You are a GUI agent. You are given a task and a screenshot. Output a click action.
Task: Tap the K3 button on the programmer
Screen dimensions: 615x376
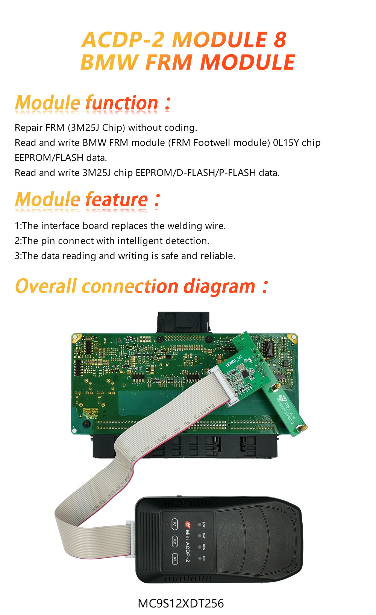(174, 559)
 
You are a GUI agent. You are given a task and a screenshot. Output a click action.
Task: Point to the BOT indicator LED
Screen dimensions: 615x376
(199, 524)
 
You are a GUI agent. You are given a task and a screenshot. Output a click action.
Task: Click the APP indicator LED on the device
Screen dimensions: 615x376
(199, 558)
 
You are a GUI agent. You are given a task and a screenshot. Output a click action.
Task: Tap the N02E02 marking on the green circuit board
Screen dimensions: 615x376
(91, 417)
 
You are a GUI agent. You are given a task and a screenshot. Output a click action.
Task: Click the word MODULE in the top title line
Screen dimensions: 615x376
(219, 40)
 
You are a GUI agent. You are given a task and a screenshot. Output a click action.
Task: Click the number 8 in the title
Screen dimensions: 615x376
(280, 40)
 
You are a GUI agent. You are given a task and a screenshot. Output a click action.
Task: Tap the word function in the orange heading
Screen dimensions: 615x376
(122, 103)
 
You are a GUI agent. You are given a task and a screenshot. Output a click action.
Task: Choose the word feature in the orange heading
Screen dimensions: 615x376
(117, 200)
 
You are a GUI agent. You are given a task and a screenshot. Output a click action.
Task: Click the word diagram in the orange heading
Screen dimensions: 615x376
(219, 287)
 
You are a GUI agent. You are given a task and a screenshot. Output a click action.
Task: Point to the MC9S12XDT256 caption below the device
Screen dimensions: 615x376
(181, 603)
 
